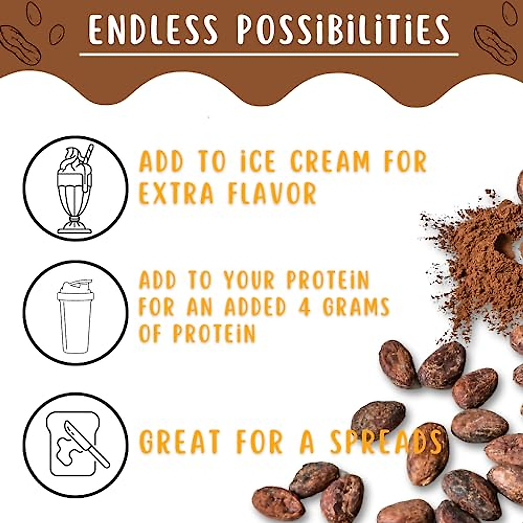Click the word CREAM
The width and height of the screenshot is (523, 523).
329,162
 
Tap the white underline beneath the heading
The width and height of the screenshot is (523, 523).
269,55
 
